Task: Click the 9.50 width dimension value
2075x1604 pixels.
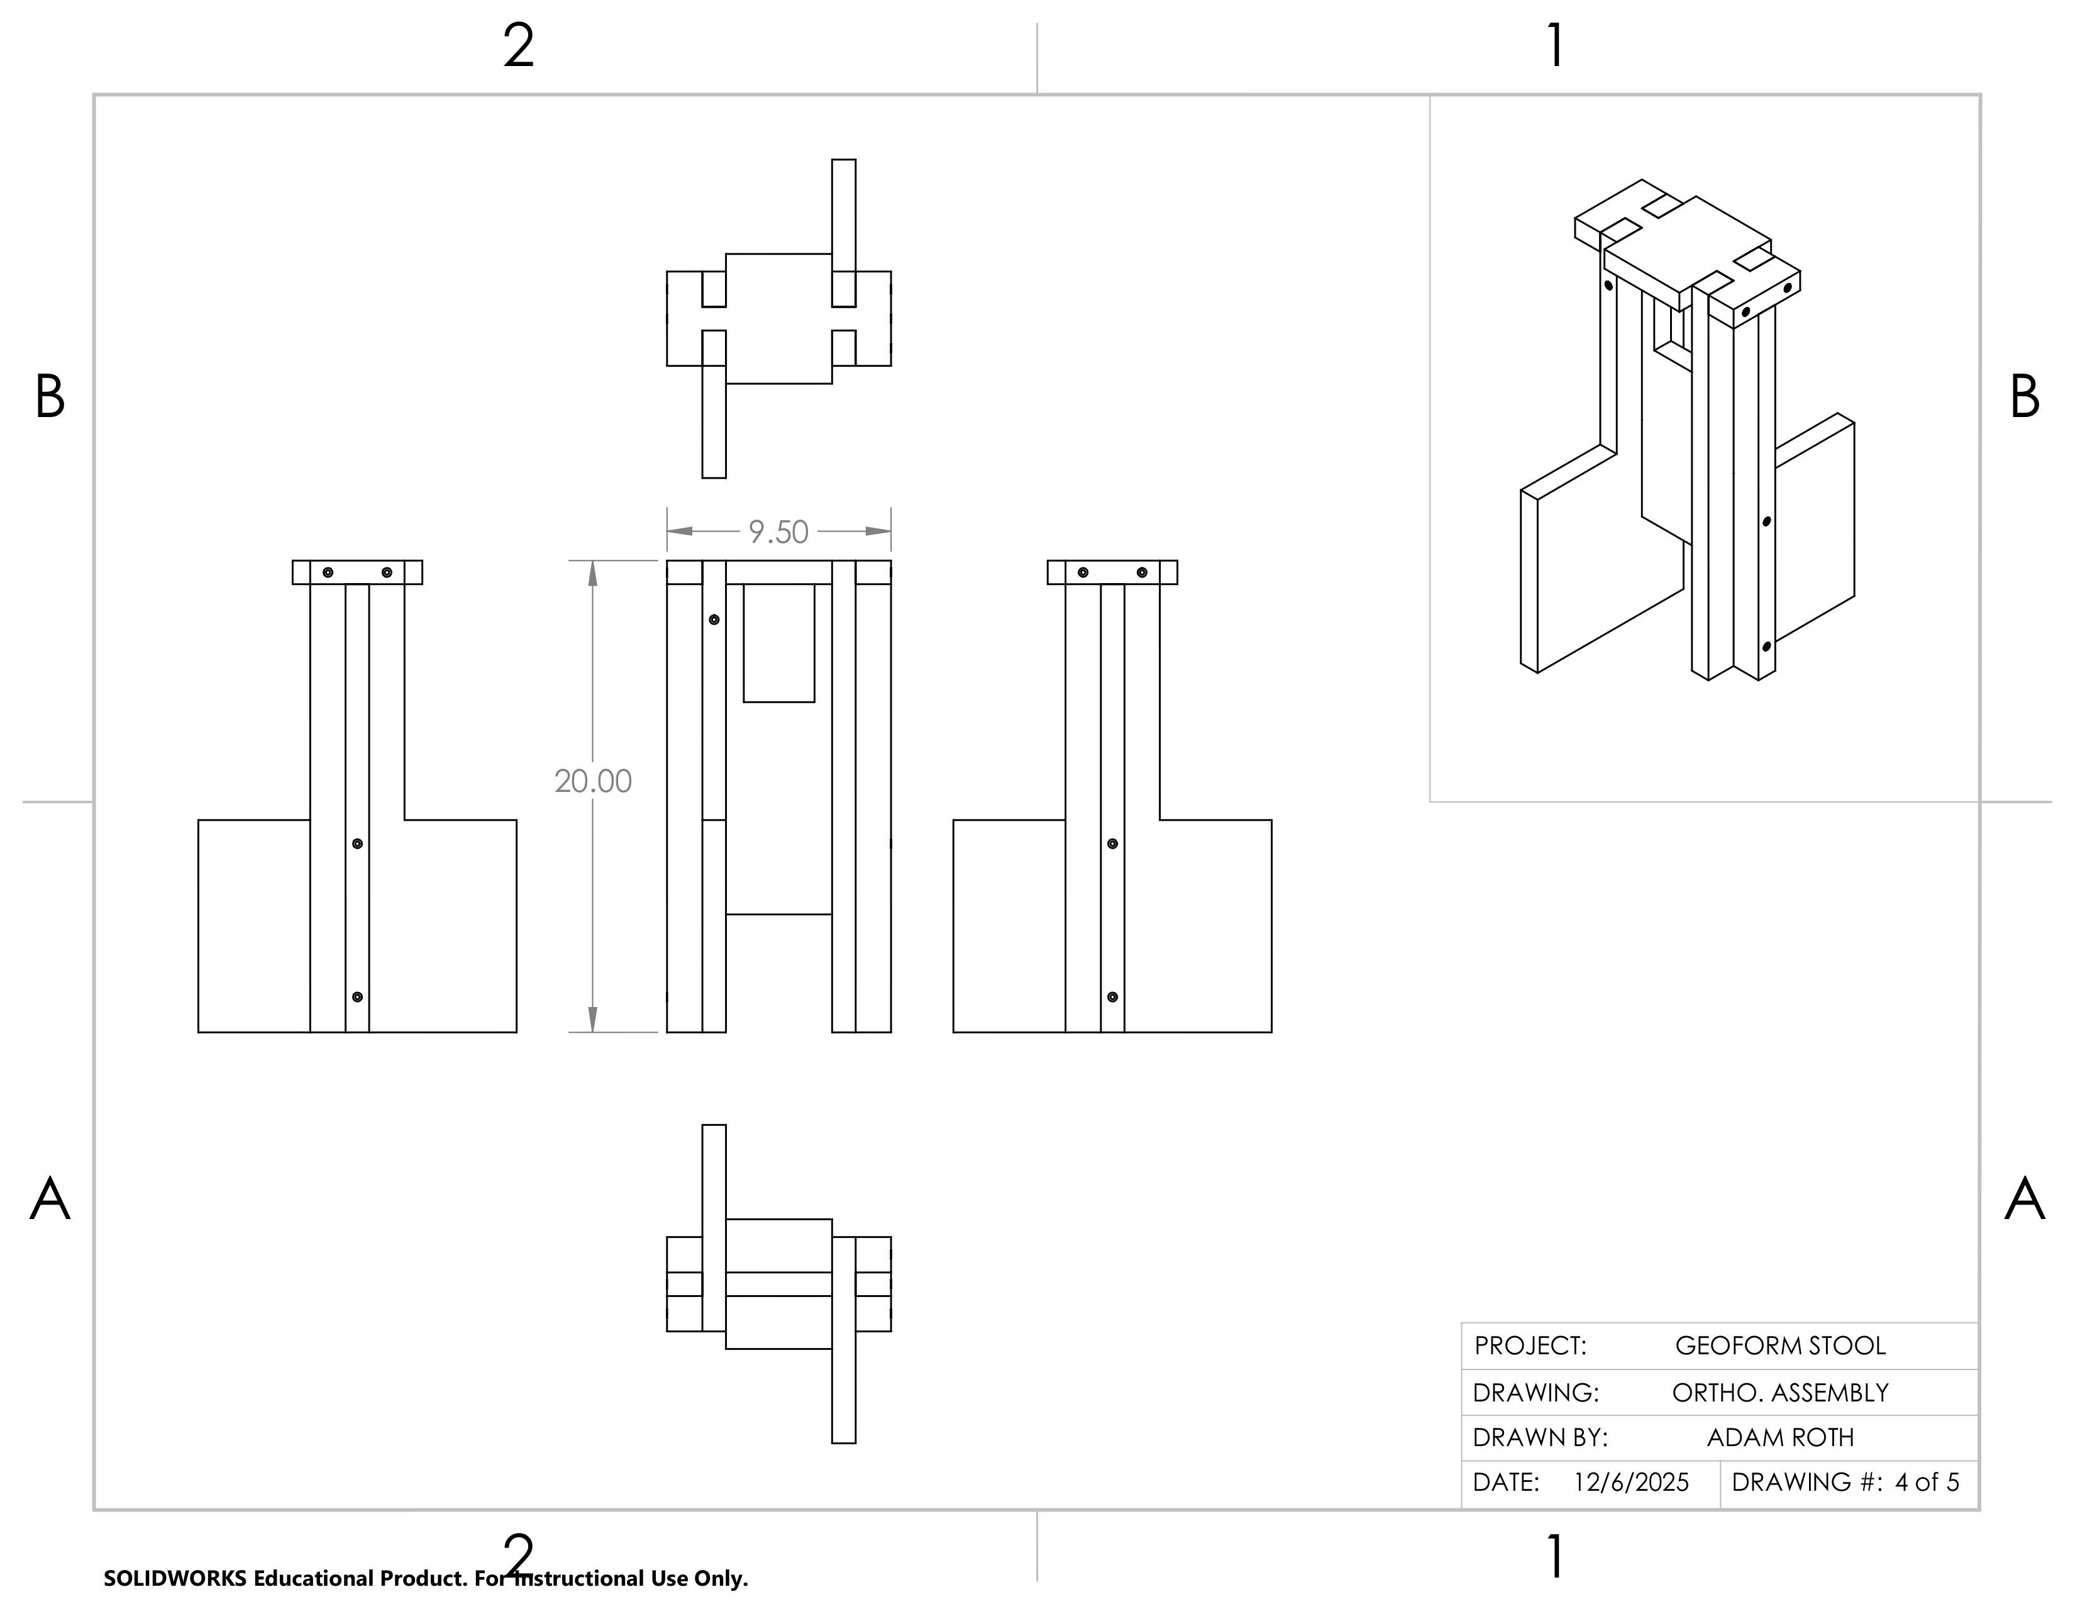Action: [778, 532]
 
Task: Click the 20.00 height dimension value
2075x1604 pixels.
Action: [593, 781]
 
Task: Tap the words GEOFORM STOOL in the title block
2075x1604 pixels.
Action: [1779, 1345]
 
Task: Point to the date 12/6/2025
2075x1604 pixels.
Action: [1630, 1483]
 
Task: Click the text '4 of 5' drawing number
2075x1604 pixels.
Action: [1926, 1483]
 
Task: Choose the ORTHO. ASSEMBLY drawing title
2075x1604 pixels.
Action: [1779, 1393]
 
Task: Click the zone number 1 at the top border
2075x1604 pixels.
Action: [1554, 46]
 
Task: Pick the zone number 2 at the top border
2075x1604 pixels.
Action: [519, 46]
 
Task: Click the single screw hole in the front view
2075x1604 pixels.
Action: [714, 620]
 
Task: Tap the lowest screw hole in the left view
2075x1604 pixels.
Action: [357, 997]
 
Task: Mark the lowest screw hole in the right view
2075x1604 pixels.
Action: [1112, 997]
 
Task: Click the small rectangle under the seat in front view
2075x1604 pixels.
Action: [779, 643]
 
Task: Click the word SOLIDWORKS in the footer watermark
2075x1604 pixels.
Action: [175, 1578]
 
